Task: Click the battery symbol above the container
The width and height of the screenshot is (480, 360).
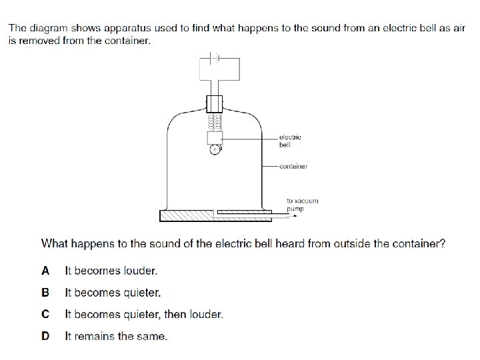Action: pyautogui.click(x=214, y=57)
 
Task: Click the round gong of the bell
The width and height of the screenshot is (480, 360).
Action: pyautogui.click(x=215, y=149)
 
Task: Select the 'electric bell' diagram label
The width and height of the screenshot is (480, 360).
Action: pyautogui.click(x=290, y=141)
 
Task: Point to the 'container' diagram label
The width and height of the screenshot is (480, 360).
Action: pyautogui.click(x=293, y=166)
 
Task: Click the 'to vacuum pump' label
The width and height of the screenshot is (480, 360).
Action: pyautogui.click(x=302, y=204)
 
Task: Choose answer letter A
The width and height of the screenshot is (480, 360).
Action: pyautogui.click(x=45, y=271)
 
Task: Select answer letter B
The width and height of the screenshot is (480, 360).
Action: pyautogui.click(x=45, y=292)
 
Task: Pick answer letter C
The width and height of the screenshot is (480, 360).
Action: pyautogui.click(x=45, y=313)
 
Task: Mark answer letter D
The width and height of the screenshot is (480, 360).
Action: pyautogui.click(x=45, y=335)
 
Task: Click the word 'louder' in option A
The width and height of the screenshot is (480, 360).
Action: pyautogui.click(x=141, y=271)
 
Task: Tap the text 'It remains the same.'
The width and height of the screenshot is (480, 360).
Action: pyautogui.click(x=116, y=335)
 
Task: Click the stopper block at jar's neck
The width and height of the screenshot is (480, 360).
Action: pyautogui.click(x=215, y=104)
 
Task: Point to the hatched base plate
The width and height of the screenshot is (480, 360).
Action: pyautogui.click(x=187, y=215)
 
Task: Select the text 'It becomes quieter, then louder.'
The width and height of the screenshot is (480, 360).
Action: pyautogui.click(x=144, y=313)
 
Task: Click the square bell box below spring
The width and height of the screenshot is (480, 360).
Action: pyautogui.click(x=215, y=137)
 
